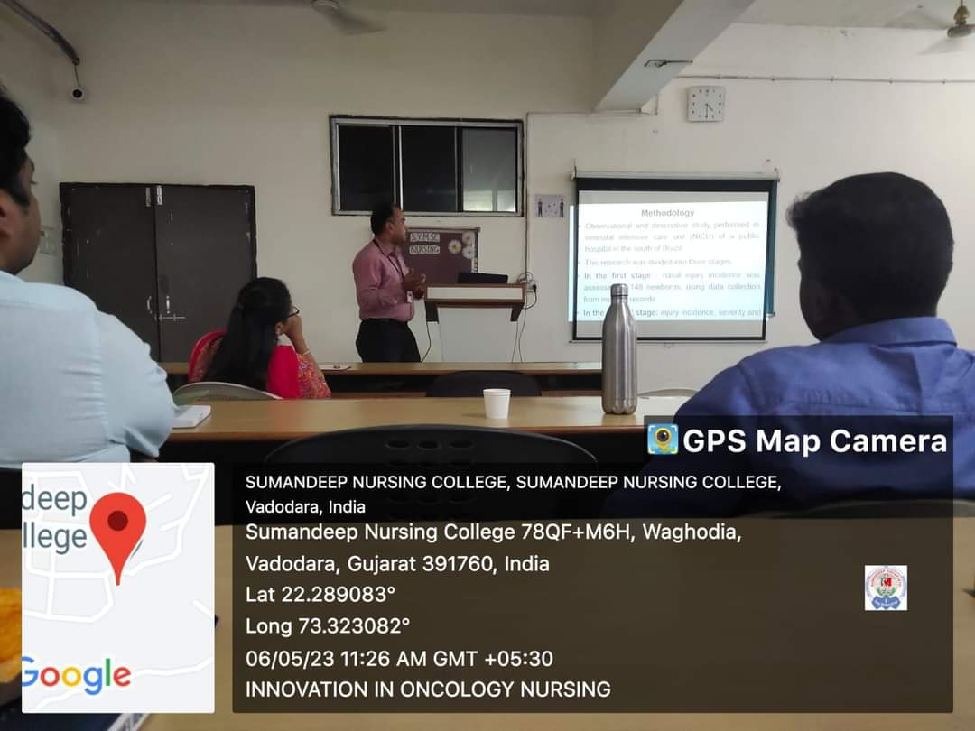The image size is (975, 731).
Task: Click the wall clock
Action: pos(705,104)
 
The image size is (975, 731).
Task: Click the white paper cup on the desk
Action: pos(497,403)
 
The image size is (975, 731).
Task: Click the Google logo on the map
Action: pos(76,675)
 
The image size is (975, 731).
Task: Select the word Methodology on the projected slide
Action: pos(667,213)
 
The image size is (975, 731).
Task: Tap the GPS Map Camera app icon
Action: pos(663,440)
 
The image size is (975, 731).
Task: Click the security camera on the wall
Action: pos(79,93)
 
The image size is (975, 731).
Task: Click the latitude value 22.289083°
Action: pos(348,595)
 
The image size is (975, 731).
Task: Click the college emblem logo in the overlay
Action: pos(885,588)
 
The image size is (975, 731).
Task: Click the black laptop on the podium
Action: pos(482,277)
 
